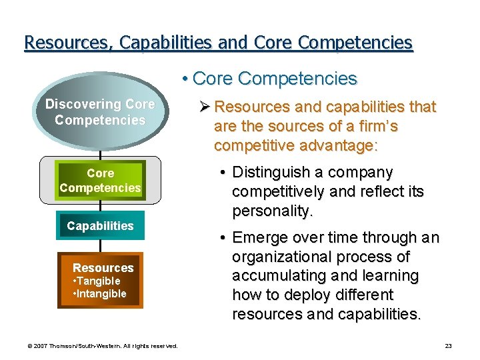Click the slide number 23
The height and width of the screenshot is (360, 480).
[x=448, y=346]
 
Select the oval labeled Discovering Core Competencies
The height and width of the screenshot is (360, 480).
[x=100, y=112]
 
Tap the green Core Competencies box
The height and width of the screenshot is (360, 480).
[x=100, y=181]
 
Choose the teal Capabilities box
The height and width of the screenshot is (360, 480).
[x=100, y=226]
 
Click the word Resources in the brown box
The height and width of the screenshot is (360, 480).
[x=103, y=268]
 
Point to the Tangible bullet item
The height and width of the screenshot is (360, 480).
[x=96, y=281]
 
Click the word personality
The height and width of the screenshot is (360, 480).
[x=272, y=211]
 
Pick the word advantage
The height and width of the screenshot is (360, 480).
[x=338, y=145]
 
